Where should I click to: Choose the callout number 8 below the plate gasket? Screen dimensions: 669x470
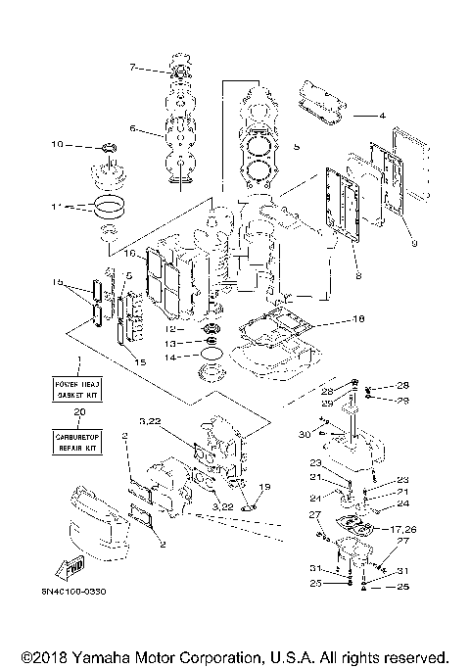coord(359,277)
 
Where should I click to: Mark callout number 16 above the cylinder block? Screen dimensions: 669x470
coord(129,253)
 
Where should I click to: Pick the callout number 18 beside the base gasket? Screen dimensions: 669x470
coord(357,318)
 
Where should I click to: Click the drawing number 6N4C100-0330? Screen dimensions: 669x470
coord(74,591)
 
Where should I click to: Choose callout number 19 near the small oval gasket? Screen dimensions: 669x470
coord(264,487)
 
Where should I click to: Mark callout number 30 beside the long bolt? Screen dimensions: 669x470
coord(305,435)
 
